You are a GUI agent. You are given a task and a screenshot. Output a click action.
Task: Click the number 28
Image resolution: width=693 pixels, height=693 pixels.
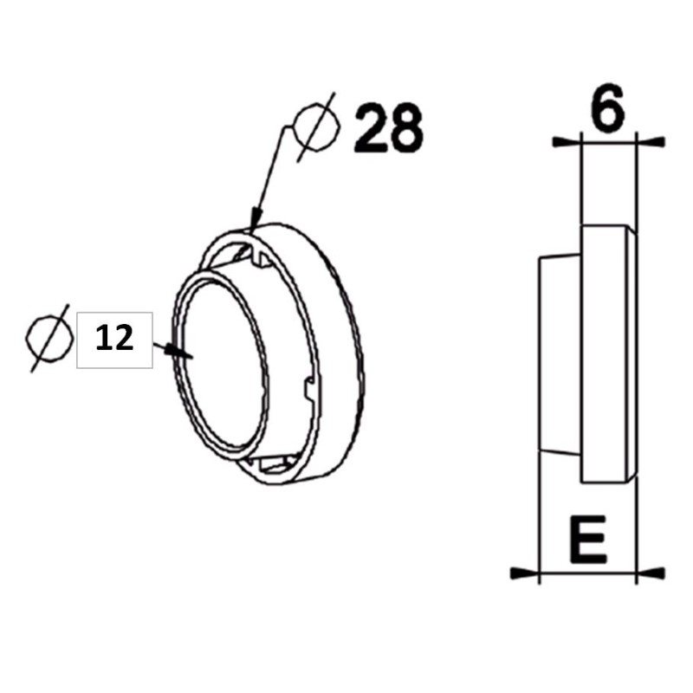pos(388,127)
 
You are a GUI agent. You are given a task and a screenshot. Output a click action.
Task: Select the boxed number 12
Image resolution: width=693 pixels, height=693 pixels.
pos(114,339)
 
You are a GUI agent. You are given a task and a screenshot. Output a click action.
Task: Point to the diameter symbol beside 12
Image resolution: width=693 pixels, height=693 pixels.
pos(49,339)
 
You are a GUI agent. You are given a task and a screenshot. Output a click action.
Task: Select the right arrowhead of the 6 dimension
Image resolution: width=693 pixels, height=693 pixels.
pos(651,139)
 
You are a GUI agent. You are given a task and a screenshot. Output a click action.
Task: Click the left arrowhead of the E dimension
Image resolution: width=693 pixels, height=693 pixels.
pos(522,573)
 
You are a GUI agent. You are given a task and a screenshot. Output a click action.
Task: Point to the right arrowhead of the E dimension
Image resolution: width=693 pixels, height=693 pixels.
pos(651,573)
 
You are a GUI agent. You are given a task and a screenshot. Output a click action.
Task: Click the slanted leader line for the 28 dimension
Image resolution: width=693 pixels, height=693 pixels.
pos(269,173)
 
